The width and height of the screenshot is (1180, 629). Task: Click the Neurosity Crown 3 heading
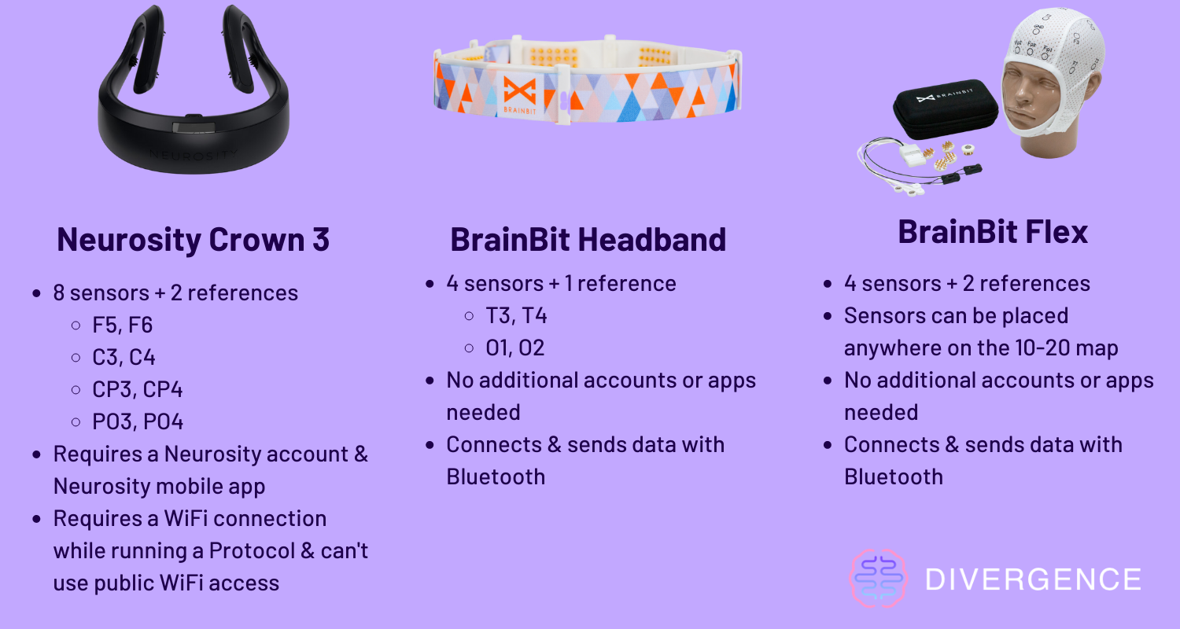[x=194, y=240]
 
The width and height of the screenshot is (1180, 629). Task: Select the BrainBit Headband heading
[x=588, y=240]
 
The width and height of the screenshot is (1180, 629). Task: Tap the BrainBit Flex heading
[x=993, y=232]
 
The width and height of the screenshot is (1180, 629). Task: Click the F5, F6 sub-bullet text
[x=122, y=326]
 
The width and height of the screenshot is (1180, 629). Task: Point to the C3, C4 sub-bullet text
[x=124, y=358]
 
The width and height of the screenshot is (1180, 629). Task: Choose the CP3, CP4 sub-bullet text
[x=138, y=389]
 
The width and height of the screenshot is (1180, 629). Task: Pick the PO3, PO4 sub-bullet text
[x=138, y=421]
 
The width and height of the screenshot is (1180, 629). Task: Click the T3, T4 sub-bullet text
[x=516, y=316]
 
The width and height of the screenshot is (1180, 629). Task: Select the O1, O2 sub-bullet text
[x=514, y=348]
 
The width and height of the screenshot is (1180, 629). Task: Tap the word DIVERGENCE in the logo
[x=1033, y=579]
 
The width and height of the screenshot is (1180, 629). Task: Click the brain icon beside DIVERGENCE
[x=878, y=579]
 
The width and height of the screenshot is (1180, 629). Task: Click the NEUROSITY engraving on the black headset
[x=194, y=154]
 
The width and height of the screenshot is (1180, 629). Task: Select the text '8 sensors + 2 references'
[x=175, y=293]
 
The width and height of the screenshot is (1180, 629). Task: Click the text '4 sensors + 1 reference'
[x=561, y=284]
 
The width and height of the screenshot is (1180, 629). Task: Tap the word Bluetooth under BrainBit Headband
[x=496, y=477]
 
